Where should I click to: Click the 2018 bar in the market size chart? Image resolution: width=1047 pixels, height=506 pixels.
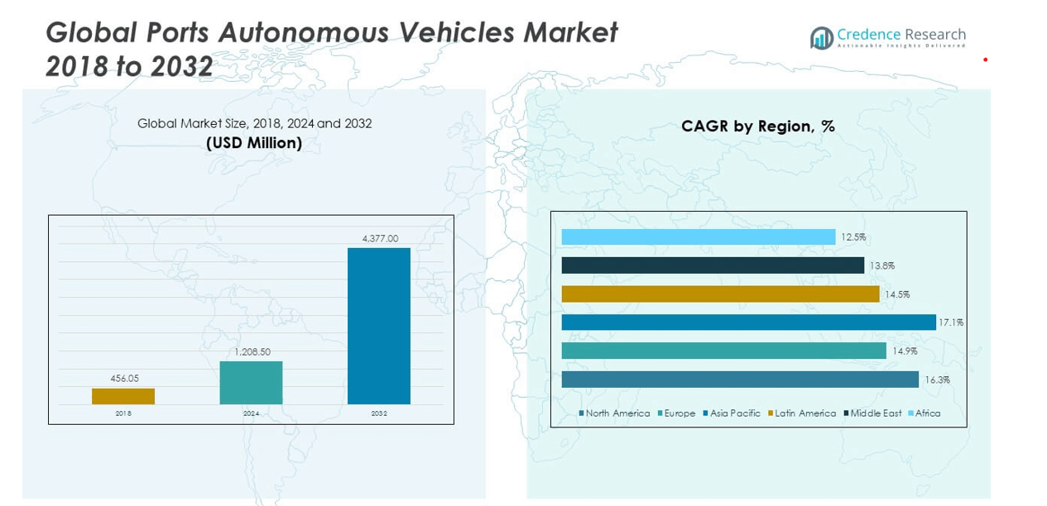[123, 396]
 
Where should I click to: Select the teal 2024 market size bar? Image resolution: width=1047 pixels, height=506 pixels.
[251, 383]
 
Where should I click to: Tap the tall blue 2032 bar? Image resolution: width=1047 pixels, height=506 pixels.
[378, 326]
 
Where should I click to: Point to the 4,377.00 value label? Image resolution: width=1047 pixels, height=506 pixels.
[380, 239]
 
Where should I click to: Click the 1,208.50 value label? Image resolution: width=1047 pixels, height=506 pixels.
[252, 352]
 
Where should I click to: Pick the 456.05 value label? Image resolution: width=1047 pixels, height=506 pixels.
[123, 379]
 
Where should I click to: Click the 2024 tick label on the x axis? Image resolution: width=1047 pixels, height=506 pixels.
[251, 413]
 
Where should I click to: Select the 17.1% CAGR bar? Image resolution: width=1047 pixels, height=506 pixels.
[748, 322]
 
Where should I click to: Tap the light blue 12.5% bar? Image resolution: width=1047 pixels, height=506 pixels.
[698, 237]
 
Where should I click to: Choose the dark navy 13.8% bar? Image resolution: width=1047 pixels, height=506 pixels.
[713, 265]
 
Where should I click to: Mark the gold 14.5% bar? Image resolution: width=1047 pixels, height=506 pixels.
[720, 294]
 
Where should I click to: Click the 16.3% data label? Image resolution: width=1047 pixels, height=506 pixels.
[937, 380]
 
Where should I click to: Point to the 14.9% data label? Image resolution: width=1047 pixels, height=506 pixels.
[905, 351]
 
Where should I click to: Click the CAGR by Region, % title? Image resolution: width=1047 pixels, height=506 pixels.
[757, 126]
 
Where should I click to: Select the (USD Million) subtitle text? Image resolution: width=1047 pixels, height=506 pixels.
[254, 143]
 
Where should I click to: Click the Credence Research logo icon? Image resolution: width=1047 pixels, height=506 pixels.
[821, 38]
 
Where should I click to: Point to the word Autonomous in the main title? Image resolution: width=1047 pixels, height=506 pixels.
[305, 33]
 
